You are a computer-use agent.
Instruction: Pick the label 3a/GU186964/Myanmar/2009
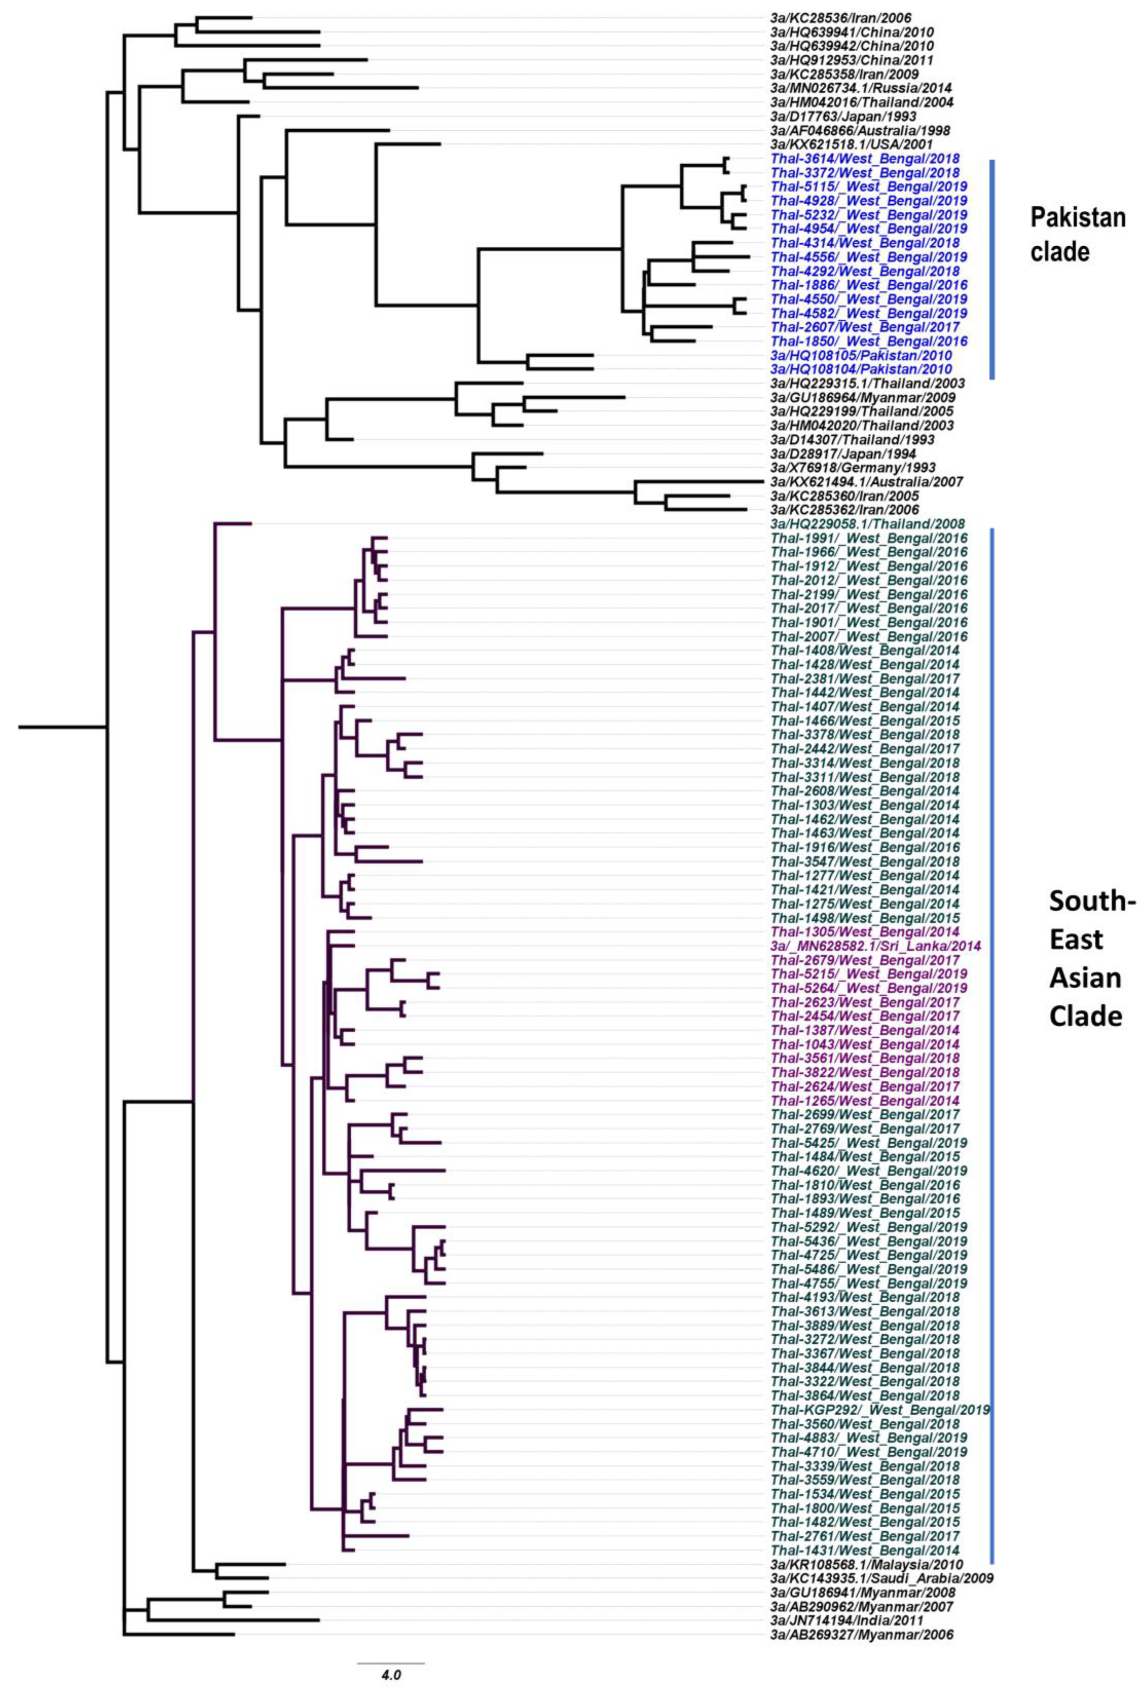click(x=863, y=398)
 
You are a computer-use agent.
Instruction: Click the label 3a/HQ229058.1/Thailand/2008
click(x=867, y=524)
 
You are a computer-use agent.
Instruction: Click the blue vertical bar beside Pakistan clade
click(x=992, y=269)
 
